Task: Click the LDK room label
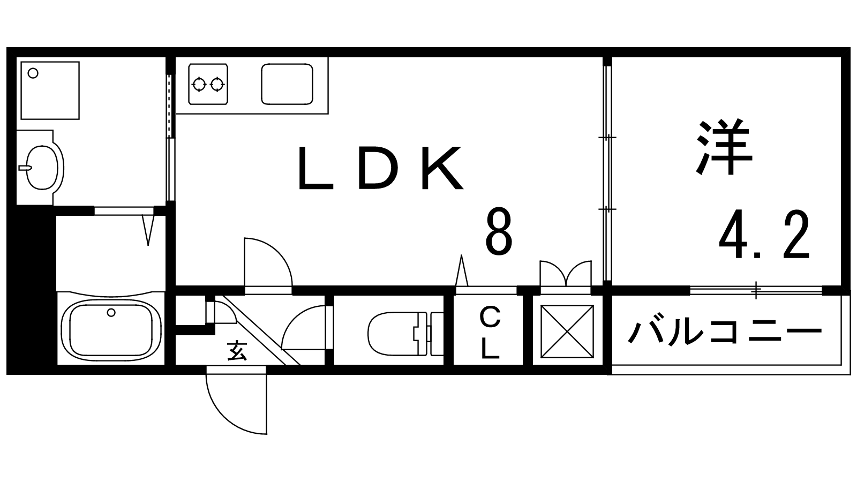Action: tap(381, 168)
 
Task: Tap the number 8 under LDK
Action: tap(499, 232)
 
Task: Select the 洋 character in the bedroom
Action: tap(724, 147)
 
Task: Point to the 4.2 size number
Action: tap(764, 235)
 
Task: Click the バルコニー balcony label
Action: tap(725, 332)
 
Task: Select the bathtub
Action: tap(111, 328)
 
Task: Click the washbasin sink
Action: tap(41, 168)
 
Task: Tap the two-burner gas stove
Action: tap(208, 84)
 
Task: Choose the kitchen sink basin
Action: tap(287, 84)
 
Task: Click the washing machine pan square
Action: tap(50, 91)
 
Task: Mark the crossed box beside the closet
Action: tap(567, 332)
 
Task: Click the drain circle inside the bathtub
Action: tap(111, 313)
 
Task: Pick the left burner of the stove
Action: tap(199, 84)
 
